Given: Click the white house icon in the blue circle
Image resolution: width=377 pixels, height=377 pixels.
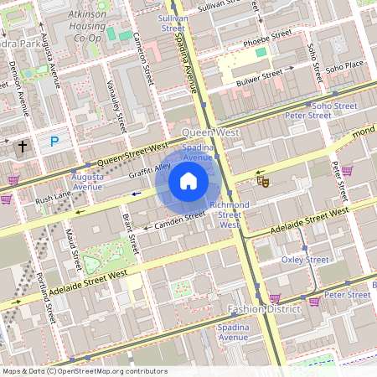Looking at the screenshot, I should point(188,181).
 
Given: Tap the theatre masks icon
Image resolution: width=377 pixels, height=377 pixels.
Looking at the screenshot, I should point(262,179).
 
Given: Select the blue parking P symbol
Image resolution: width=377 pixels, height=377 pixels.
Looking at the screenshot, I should point(54,142).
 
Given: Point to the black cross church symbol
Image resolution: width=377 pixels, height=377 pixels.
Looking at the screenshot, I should point(23,147).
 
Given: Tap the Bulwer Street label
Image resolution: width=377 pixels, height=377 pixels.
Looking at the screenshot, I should point(261,77).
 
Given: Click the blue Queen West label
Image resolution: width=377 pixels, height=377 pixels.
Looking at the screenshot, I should point(204,132).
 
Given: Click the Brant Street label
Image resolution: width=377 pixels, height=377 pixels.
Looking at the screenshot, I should point(127,233).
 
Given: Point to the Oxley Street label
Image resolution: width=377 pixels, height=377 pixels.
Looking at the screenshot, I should point(305,260).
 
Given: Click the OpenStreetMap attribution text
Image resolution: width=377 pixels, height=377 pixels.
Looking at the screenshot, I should point(84,370).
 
